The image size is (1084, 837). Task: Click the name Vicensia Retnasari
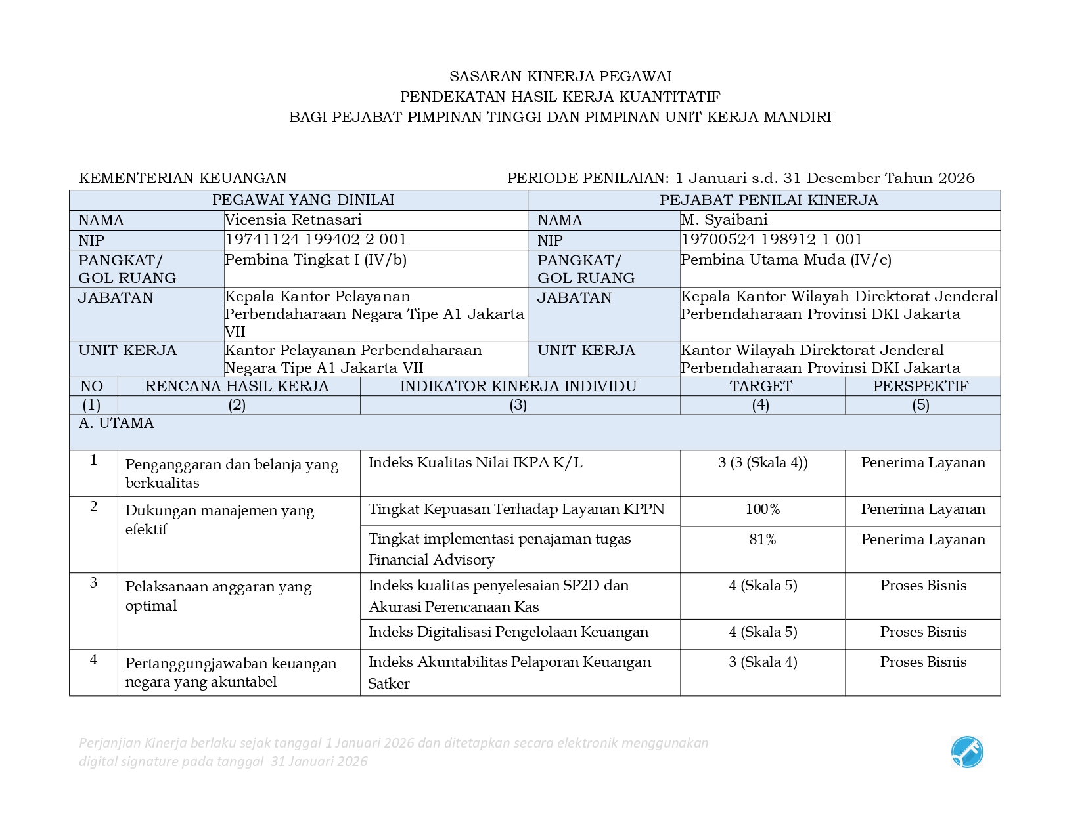pyautogui.click(x=293, y=219)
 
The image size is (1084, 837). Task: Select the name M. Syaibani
pyautogui.click(x=724, y=219)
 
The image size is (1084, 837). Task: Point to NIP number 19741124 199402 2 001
pyautogui.click(x=315, y=240)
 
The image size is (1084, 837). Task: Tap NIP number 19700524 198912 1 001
pyautogui.click(x=771, y=240)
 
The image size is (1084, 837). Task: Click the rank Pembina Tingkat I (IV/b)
pyautogui.click(x=315, y=260)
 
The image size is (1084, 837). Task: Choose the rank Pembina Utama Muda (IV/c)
pyautogui.click(x=786, y=260)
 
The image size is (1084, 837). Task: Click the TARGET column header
pyautogui.click(x=761, y=386)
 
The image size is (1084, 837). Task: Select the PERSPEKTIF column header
pyautogui.click(x=920, y=386)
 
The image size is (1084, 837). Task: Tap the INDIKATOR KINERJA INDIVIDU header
pyautogui.click(x=518, y=386)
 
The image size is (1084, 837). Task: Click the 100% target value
pyautogui.click(x=762, y=509)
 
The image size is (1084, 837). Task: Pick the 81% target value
pyautogui.click(x=762, y=540)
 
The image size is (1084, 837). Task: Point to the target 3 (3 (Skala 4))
pyautogui.click(x=762, y=463)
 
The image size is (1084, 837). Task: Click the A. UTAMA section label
pyautogui.click(x=116, y=423)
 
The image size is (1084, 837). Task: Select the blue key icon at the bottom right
pyautogui.click(x=967, y=752)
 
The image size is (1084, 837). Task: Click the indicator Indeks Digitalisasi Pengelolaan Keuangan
pyautogui.click(x=508, y=632)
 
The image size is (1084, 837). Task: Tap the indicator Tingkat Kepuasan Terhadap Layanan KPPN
pyautogui.click(x=516, y=509)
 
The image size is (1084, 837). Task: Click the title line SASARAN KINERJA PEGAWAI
pyautogui.click(x=560, y=77)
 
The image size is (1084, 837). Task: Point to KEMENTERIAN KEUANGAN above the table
pyautogui.click(x=183, y=179)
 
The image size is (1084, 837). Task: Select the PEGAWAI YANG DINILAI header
pyautogui.click(x=303, y=200)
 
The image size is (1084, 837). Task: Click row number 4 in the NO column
pyautogui.click(x=93, y=660)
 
